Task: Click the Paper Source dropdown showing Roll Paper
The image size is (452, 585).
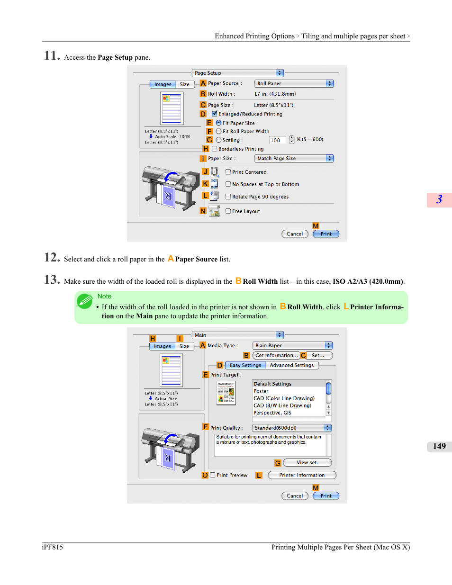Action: (294, 83)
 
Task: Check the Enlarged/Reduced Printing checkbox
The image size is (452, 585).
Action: (214, 114)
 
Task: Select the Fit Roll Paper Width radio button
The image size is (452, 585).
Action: (218, 131)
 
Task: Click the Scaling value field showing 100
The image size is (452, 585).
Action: (277, 140)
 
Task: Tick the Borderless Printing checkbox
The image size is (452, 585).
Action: (214, 149)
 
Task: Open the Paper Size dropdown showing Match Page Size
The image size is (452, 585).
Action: (294, 158)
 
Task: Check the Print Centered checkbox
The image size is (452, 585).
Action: (228, 172)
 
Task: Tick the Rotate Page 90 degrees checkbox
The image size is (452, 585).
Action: (228, 197)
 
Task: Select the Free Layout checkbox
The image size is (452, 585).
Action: (228, 211)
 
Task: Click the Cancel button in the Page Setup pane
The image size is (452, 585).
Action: (295, 234)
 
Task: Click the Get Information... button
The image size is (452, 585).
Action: (276, 355)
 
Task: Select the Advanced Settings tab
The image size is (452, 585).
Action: (292, 365)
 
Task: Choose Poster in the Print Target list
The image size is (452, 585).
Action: (261, 391)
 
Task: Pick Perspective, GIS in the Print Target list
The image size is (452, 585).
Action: (272, 413)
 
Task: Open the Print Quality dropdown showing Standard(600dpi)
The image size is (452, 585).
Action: (291, 428)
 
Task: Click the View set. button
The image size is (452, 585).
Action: (307, 462)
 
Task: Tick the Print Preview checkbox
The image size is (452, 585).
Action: (212, 475)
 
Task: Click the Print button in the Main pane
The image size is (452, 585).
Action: (326, 496)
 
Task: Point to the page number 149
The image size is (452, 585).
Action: (439, 446)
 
